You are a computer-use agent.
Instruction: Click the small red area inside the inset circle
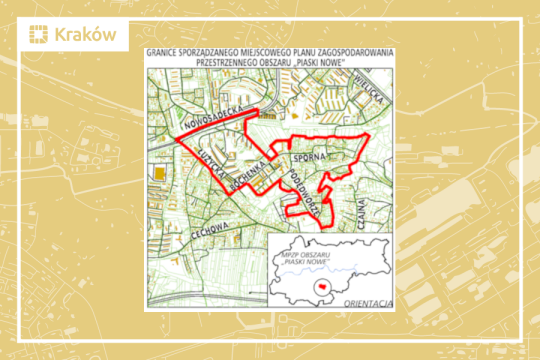(322, 286)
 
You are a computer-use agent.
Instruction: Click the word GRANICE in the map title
(164, 51)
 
